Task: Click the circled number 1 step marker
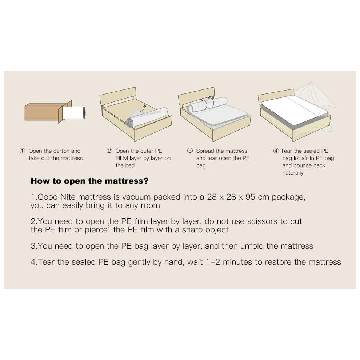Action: [22, 151]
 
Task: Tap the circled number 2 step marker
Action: [109, 151]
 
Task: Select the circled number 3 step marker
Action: [190, 151]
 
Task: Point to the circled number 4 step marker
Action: [276, 151]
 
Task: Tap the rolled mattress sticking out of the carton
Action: [74, 112]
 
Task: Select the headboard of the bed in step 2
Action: [117, 96]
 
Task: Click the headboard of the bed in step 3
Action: [196, 96]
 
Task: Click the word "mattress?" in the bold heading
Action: [127, 181]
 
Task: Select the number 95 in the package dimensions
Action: [250, 197]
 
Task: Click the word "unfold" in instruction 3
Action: [252, 246]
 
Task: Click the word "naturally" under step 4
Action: [293, 173]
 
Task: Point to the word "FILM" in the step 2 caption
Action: [122, 158]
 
